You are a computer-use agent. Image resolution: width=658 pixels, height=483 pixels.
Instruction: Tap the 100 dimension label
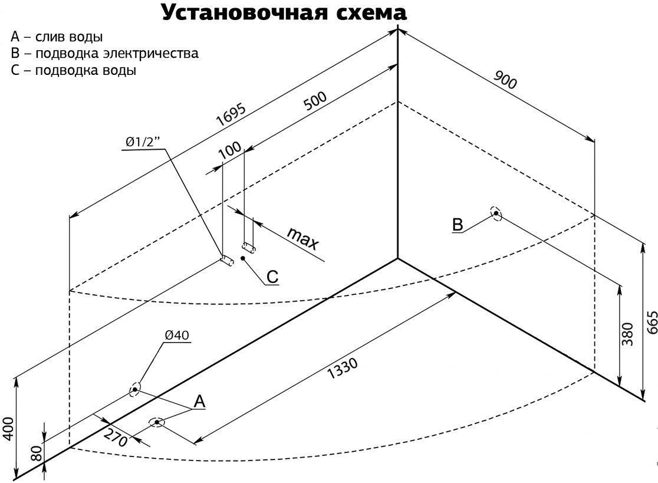click(231, 149)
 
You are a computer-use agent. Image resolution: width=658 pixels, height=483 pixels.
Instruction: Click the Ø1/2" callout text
click(144, 143)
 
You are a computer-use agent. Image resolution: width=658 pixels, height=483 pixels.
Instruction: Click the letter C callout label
click(272, 276)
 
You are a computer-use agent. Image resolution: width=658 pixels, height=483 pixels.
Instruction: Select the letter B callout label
click(458, 224)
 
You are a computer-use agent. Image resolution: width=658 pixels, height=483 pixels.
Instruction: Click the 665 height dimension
click(652, 323)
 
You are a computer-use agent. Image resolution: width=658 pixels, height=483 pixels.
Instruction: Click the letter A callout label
click(199, 401)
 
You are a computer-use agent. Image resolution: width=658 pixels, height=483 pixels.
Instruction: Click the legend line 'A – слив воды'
click(57, 37)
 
